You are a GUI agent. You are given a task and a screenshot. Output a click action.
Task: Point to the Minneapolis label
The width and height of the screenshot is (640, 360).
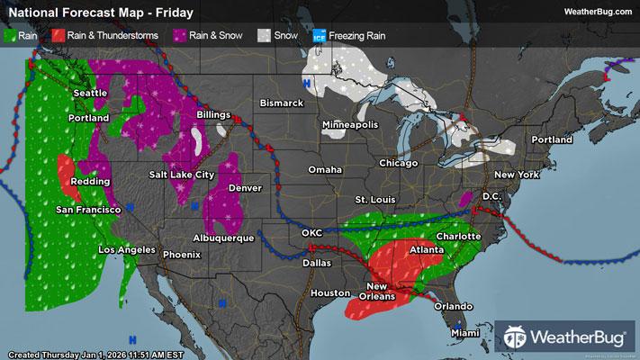click(350, 124)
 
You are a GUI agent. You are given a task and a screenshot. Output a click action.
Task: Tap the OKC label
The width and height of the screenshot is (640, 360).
click(311, 233)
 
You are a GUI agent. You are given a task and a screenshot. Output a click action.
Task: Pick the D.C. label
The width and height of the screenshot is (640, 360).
click(491, 195)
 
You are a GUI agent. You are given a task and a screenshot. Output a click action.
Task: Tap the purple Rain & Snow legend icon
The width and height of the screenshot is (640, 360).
click(181, 36)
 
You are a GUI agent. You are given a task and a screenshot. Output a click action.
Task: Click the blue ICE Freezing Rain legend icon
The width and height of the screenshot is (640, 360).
click(318, 36)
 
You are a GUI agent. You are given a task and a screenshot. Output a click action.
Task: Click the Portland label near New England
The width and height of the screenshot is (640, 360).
click(552, 140)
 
